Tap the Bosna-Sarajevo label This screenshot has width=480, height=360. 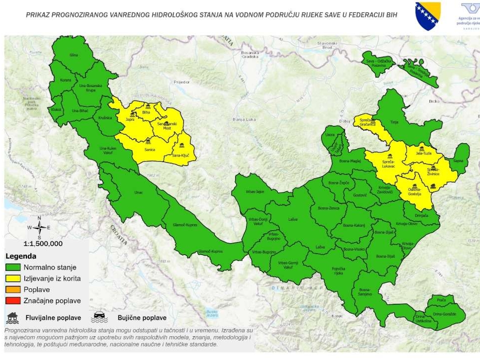point(365,292)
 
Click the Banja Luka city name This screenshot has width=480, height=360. point(243,119)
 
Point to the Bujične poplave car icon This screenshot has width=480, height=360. point(99,317)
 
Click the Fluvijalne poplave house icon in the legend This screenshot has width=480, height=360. point(13,317)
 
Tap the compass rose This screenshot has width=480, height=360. point(40,227)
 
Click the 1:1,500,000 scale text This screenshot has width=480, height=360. point(43,244)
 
